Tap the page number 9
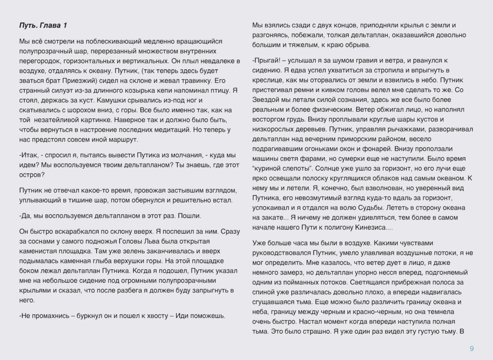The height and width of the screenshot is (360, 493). click(472, 349)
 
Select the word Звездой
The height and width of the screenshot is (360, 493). click(266, 100)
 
